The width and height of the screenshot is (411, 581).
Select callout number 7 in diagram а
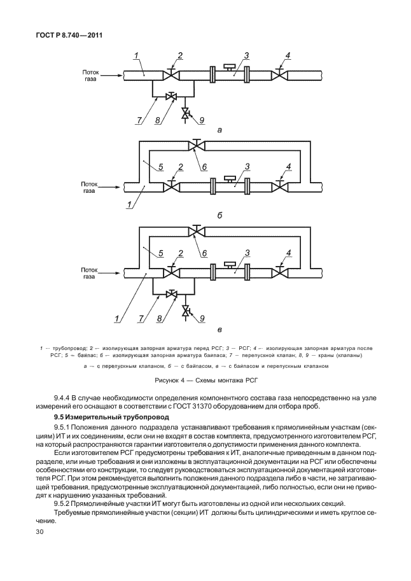point(139,120)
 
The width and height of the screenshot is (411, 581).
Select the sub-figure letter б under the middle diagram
point(219,216)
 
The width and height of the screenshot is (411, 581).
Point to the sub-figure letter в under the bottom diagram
point(219,330)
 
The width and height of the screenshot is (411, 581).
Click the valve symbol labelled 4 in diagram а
point(278,76)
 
